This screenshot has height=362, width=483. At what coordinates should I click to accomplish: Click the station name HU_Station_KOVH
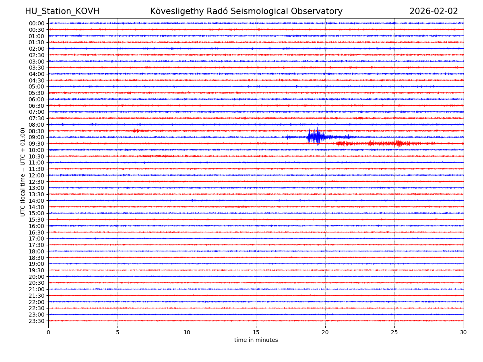(x=62, y=12)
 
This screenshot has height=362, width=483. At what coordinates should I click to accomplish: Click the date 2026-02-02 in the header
(x=433, y=12)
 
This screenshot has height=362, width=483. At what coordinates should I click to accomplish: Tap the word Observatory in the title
(x=318, y=12)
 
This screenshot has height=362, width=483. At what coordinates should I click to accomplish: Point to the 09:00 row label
(x=36, y=137)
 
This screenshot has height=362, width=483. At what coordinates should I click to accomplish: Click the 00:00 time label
(x=36, y=23)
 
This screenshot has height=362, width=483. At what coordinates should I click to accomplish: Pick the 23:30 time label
(x=36, y=321)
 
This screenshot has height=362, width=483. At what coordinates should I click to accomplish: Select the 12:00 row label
(x=36, y=175)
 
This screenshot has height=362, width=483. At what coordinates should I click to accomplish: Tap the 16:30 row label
(x=36, y=232)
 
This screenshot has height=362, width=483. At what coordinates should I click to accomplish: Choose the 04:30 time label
(x=36, y=80)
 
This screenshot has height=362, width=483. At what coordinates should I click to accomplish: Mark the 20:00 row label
(x=36, y=277)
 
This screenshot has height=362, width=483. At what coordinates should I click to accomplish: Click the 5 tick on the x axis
(x=118, y=333)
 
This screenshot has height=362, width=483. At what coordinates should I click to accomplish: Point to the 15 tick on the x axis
(x=256, y=333)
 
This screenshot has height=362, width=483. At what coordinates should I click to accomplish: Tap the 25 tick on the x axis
(x=394, y=333)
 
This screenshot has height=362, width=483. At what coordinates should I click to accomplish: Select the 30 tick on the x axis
(x=464, y=333)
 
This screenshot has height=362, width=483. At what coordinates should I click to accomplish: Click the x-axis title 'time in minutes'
(x=256, y=340)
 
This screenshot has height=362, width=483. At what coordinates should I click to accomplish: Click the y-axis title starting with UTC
(x=23, y=172)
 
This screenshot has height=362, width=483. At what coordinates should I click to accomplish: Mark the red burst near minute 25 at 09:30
(x=398, y=143)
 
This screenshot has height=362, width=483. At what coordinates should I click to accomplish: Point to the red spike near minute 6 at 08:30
(x=135, y=131)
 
